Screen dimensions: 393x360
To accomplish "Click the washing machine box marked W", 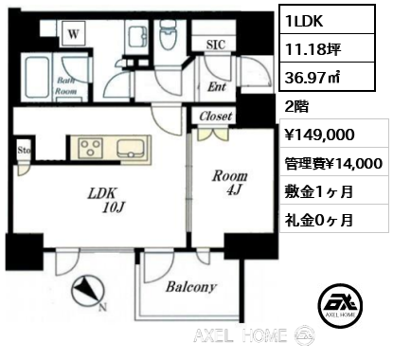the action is pos(73,33).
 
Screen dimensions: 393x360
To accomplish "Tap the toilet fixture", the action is pos(169,34).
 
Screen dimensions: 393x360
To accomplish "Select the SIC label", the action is pos(216,45).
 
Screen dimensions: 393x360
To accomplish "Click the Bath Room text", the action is pos(66,85).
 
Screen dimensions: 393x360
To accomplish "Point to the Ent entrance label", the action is pos(217,86).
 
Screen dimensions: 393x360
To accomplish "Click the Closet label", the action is pos(216,117).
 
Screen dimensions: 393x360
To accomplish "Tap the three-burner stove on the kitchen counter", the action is pos(90,148).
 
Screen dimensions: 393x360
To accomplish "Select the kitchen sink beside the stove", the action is pos(132,148).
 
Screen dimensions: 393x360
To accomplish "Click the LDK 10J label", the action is pos(107,200).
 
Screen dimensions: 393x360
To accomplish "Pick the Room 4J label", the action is pos(229,182).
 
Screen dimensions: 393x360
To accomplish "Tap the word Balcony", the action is pos(191,287).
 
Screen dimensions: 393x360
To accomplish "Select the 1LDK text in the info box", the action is pos(304,21).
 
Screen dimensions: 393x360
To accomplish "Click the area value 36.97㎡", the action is pos(313,78).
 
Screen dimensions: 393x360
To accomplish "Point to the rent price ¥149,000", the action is pos(319,135).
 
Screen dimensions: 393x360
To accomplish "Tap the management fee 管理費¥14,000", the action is pos(333,164).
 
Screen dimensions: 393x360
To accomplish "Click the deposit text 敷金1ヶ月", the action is pos(319,191).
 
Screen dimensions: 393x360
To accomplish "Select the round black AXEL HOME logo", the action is pos(340,305).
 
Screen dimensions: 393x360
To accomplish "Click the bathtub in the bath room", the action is pos(38,78).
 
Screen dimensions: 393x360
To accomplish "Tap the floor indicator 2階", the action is pos(296,107).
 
